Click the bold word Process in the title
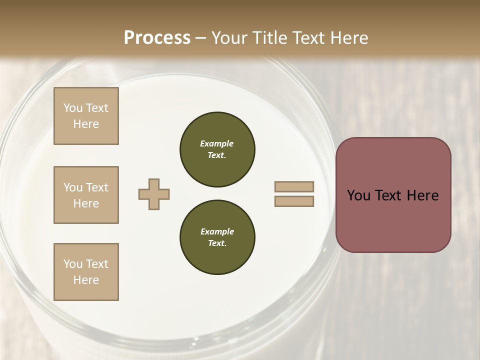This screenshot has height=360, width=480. point(157,38)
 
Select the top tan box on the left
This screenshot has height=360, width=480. point(86,116)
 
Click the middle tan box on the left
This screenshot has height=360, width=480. point(86,195)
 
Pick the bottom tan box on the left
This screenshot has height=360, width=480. point(86,272)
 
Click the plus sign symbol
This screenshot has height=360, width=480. point(154,194)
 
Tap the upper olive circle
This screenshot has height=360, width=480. point(217,149)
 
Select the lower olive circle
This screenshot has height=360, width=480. point(217,237)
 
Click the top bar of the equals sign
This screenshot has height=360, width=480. point(294,187)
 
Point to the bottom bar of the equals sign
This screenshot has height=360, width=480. point(294,201)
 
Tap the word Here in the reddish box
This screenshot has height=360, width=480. point(422,195)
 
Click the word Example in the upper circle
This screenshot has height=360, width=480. point(217,143)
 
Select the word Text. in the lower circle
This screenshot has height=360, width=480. point(217,243)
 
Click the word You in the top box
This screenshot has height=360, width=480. point(72,108)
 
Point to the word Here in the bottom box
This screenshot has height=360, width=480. point(86,280)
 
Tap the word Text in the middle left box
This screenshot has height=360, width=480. point(96,187)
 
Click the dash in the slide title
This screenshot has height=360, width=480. point(201,38)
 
